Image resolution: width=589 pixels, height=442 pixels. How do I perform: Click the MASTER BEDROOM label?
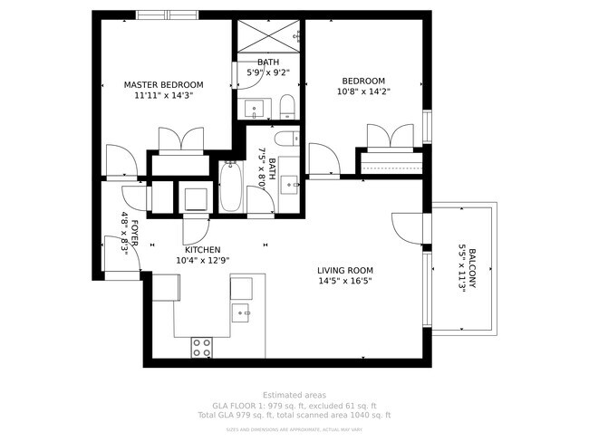pyautogui.click(x=164, y=84)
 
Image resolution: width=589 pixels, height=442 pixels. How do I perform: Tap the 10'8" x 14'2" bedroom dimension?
pyautogui.click(x=362, y=91)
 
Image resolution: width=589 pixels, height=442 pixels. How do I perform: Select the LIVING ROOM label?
pyautogui.click(x=344, y=270)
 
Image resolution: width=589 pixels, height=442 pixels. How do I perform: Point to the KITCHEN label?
pyautogui.click(x=202, y=250)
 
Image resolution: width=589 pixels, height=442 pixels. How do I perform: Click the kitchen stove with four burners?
pyautogui.click(x=201, y=347)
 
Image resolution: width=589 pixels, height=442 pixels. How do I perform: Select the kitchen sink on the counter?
pyautogui.click(x=242, y=312)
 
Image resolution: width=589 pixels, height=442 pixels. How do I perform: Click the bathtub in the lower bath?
pyautogui.click(x=230, y=187)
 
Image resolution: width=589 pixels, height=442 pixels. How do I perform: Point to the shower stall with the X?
pyautogui.click(x=269, y=37)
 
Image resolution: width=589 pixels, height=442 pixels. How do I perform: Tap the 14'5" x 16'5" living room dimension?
pyautogui.click(x=344, y=281)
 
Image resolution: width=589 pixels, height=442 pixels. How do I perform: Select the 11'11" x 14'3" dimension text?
pyautogui.click(x=164, y=94)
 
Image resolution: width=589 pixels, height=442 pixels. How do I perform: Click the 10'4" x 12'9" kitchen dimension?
pyautogui.click(x=202, y=261)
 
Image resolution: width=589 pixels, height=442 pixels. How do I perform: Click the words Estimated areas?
pyautogui.click(x=294, y=395)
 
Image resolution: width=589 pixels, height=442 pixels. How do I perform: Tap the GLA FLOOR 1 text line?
pyautogui.click(x=294, y=405)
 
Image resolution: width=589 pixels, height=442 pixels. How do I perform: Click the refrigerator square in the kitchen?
pyautogui.click(x=166, y=287)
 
